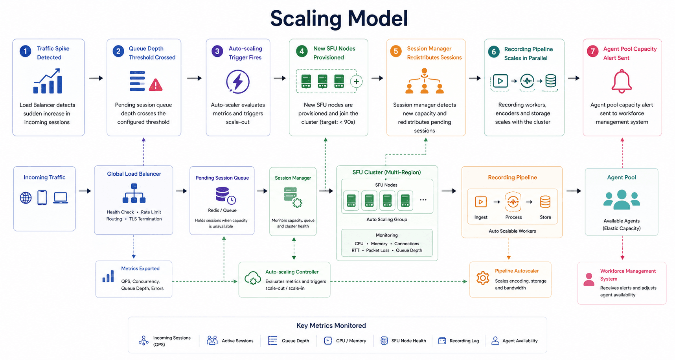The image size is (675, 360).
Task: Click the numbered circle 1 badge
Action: tap(26, 51)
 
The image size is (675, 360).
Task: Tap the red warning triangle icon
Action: tap(156, 84)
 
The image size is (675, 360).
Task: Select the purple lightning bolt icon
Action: tap(238, 82)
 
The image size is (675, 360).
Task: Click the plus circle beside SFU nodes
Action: tap(356, 82)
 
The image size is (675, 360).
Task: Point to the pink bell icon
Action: tap(622, 81)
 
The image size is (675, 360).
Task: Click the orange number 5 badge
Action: tap(396, 51)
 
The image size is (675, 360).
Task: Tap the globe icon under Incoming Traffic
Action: tap(26, 198)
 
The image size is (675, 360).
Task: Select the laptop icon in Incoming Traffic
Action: tap(61, 198)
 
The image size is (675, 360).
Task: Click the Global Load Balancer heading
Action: tap(134, 174)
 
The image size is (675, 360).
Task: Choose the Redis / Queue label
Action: tap(222, 210)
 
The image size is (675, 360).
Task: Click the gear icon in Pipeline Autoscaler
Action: tap(483, 278)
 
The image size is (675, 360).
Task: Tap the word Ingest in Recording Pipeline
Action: tap(481, 217)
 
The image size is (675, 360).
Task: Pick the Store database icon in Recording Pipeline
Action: tap(545, 202)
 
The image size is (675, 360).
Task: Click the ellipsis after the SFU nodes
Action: tap(423, 200)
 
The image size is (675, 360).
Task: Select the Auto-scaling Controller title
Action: tap(292, 272)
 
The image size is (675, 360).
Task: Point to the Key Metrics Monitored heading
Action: tap(331, 325)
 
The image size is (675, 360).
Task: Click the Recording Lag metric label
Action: tap(464, 341)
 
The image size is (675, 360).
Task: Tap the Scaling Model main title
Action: tap(339, 18)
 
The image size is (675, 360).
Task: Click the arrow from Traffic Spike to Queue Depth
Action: tap(96, 78)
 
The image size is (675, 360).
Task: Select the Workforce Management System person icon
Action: tap(589, 279)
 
